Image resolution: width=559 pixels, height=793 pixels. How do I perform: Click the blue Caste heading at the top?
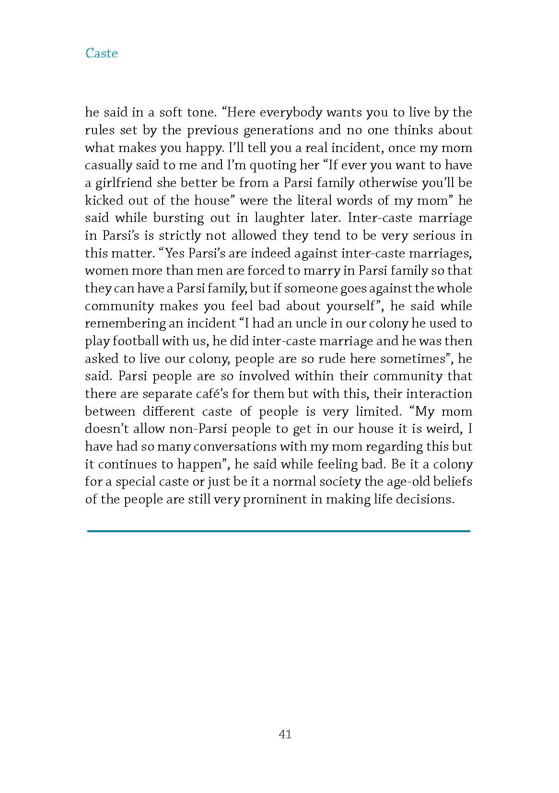[x=102, y=53]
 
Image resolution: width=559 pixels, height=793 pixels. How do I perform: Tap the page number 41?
[x=285, y=734]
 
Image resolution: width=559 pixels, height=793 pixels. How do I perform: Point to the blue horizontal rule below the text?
[x=279, y=531]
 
